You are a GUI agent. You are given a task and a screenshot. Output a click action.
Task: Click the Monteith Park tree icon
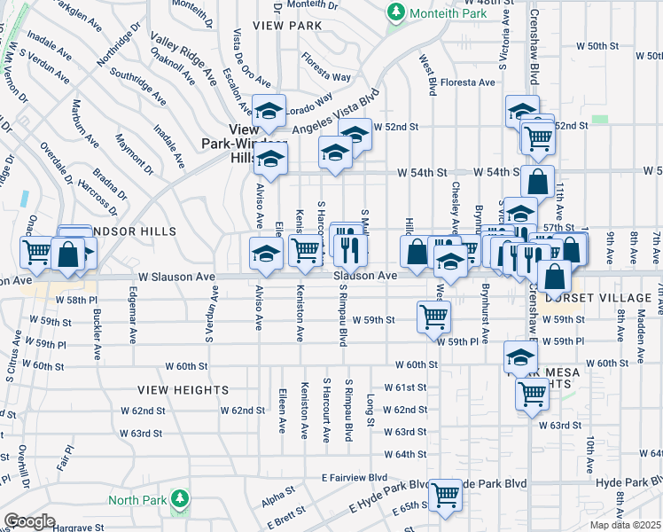point(395,12)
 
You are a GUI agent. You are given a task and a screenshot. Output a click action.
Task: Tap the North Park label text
point(136,500)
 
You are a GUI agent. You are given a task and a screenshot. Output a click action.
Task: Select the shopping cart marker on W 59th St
point(433,316)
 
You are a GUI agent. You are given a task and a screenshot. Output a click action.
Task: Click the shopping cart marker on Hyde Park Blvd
point(445,493)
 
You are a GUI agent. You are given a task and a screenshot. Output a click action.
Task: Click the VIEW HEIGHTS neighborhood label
point(183,389)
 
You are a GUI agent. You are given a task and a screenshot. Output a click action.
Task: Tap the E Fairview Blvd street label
point(356,477)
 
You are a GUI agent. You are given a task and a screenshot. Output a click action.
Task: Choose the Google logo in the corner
point(29,521)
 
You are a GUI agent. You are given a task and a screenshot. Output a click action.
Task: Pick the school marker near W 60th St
point(520,356)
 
